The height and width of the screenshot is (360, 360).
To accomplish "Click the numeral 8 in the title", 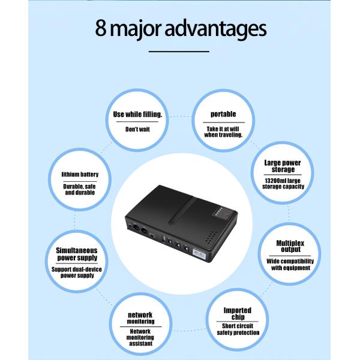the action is pyautogui.click(x=101, y=28).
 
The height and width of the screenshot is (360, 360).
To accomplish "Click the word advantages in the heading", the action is pyautogui.click(x=215, y=29).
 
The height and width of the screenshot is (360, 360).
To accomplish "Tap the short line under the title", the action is pyautogui.click(x=179, y=52).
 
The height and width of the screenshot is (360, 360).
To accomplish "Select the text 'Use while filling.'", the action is pyautogui.click(x=137, y=115).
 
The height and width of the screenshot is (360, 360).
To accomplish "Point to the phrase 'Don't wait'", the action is pyautogui.click(x=137, y=129).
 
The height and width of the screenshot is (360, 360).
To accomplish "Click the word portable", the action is pyautogui.click(x=223, y=114).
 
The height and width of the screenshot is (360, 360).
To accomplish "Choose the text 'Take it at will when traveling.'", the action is pyautogui.click(x=223, y=132).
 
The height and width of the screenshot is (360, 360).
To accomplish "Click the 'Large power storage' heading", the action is pyautogui.click(x=283, y=166).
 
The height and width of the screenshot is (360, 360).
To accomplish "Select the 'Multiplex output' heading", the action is pyautogui.click(x=290, y=246).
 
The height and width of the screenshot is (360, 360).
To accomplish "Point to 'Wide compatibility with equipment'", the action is pyautogui.click(x=290, y=264).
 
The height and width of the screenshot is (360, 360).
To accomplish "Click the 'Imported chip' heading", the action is pyautogui.click(x=238, y=314).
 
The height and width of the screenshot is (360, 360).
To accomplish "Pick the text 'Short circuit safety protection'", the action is pyautogui.click(x=238, y=329).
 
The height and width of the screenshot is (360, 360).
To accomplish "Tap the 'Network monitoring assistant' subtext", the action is pyautogui.click(x=140, y=337).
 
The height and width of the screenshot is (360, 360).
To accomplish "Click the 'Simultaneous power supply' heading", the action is pyautogui.click(x=77, y=254).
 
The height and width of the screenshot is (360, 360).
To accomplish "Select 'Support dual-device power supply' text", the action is pyautogui.click(x=77, y=272).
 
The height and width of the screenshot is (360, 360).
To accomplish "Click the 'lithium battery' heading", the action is pyautogui.click(x=80, y=175).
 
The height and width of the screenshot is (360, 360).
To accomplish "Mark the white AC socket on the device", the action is pyautogui.click(x=199, y=254).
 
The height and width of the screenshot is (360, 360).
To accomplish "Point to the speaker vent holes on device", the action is pyautogui.click(x=211, y=238).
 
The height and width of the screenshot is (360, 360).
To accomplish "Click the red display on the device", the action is pyautogui.click(x=226, y=214).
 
